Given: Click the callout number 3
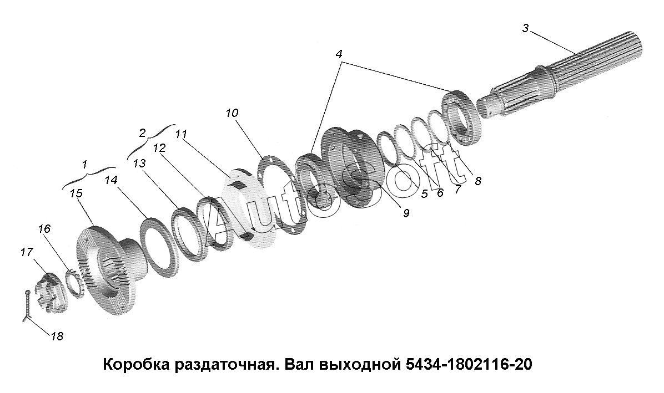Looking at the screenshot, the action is click(525, 29).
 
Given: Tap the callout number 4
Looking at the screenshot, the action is click(339, 54).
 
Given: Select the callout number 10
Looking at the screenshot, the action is click(232, 113).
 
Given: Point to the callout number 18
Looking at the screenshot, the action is click(57, 336).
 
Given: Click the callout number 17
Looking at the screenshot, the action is click(26, 252).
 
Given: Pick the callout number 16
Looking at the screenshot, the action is click(44, 228).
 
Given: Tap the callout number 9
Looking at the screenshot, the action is click(406, 213).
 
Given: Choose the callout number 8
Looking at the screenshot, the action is click(477, 181).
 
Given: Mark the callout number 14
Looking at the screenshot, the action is click(111, 181).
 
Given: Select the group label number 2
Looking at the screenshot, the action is click(143, 132).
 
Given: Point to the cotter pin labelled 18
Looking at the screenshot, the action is click(26, 307).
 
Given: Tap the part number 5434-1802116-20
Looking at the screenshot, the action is click(469, 364).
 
